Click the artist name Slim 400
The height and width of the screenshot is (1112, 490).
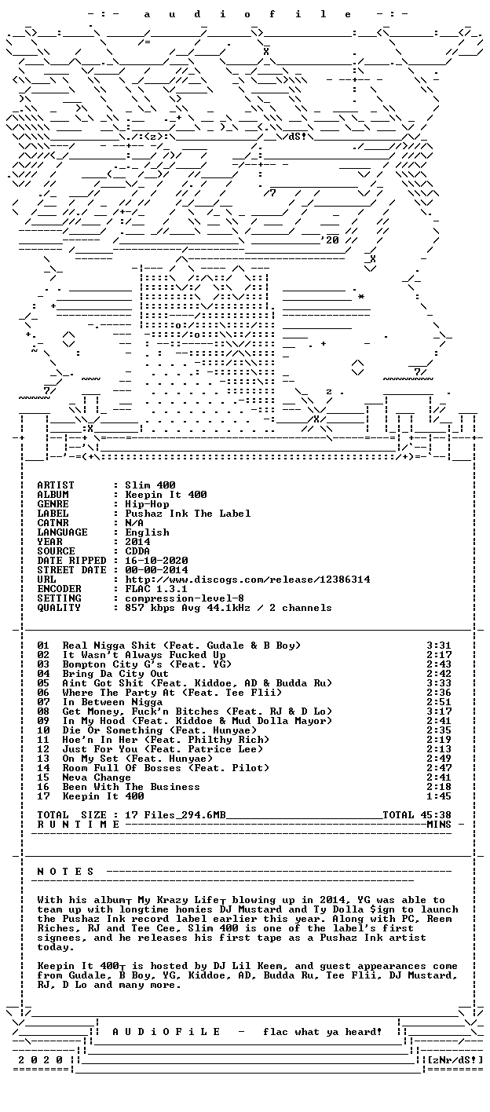pos(150,485)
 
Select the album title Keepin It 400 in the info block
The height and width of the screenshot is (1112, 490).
pos(166,495)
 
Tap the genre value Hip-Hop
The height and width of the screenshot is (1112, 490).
pos(147,504)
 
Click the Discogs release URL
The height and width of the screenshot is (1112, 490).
pos(247,580)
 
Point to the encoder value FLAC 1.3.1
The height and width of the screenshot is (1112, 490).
pos(156,589)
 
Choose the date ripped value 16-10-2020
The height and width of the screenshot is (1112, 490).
pos(156,561)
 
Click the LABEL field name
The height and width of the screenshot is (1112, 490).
pos(53,514)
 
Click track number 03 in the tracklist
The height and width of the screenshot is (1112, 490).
pos(43,664)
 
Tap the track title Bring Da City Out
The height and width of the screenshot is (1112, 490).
pos(115,674)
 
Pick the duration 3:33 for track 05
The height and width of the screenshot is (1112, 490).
pos(439,683)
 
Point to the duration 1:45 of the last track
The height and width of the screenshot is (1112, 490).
pos(439,796)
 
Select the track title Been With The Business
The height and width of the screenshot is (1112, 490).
pos(131,787)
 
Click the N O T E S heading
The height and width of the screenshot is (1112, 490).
pos(65,872)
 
